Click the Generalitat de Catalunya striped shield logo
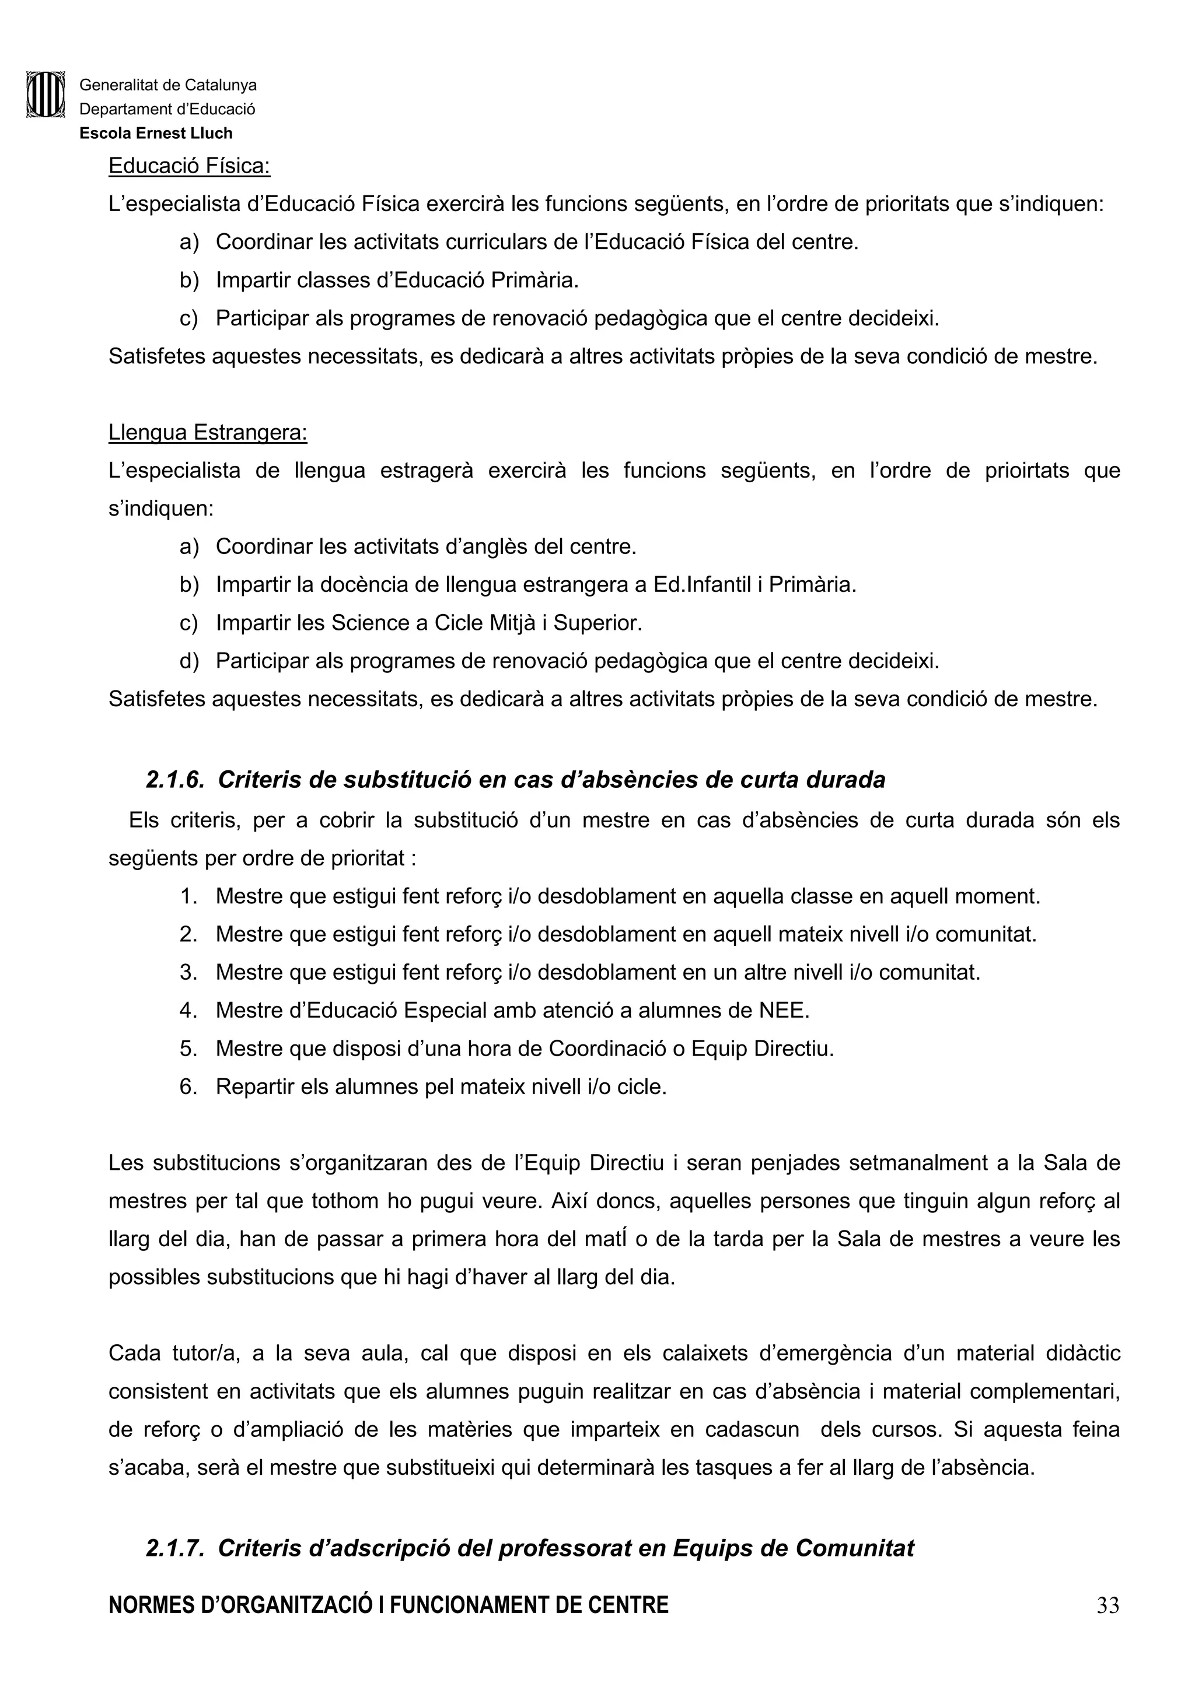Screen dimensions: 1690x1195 pyautogui.click(x=45, y=94)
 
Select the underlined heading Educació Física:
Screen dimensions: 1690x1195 pyautogui.click(x=189, y=166)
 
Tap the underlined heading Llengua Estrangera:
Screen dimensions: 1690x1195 pyautogui.click(x=208, y=432)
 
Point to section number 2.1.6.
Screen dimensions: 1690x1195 pyautogui.click(x=174, y=780)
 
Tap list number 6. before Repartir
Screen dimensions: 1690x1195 pyautogui.click(x=188, y=1087)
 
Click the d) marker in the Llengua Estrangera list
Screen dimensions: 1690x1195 pyautogui.click(x=188, y=661)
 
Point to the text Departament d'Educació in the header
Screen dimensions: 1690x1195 pyautogui.click(x=167, y=110)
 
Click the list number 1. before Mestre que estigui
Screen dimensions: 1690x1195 pyautogui.click(x=188, y=896)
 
